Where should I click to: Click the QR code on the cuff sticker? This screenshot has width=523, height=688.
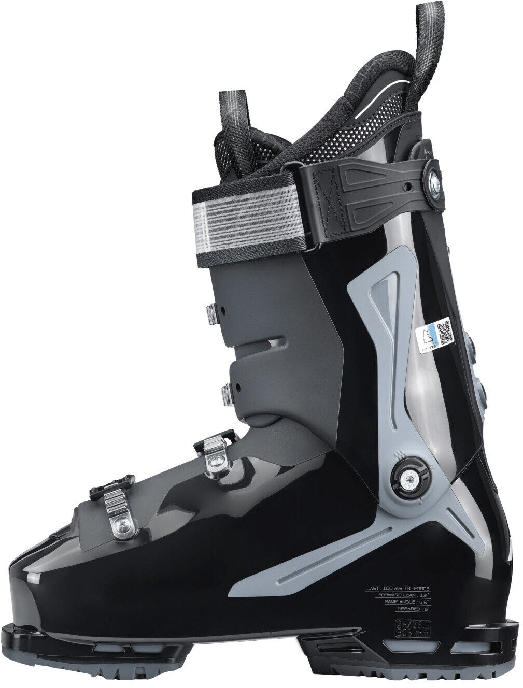point(444,333)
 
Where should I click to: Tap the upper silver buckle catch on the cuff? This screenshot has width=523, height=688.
point(212,314)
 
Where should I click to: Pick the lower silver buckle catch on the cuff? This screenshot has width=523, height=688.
point(227,395)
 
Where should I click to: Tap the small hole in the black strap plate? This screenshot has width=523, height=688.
point(409,185)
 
